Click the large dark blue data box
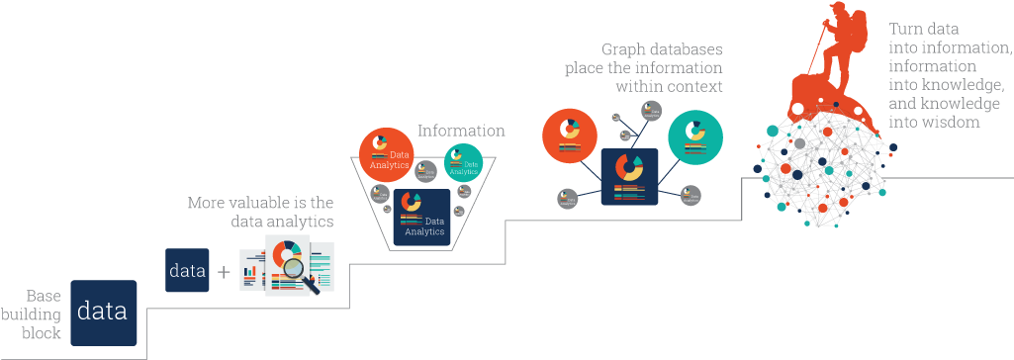point(103,313)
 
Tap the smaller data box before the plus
point(187,270)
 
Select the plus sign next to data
point(224,271)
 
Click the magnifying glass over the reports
point(296,266)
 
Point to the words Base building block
point(43,315)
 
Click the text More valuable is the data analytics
point(260,212)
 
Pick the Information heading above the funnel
point(461,131)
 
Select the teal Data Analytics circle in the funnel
point(463,161)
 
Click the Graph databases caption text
point(643,67)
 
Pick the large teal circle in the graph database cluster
point(695,136)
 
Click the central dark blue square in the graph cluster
point(628,176)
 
